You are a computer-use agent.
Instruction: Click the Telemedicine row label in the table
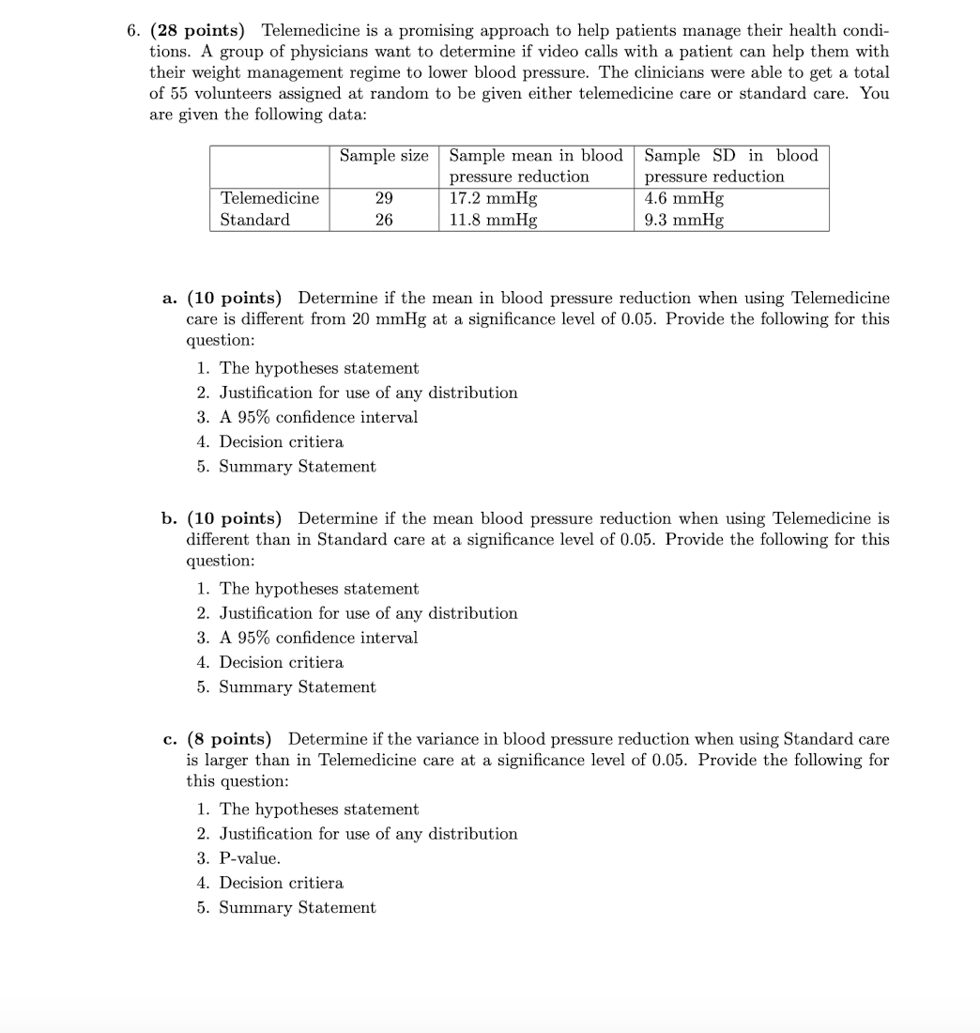269,198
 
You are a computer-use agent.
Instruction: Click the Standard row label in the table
254,220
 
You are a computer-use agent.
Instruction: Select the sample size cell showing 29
384,198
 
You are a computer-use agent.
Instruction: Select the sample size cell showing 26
384,220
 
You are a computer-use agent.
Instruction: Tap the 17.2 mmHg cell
494,198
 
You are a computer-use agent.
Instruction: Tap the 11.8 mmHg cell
494,220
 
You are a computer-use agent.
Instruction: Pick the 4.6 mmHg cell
684,198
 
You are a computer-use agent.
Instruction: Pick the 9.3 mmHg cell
684,220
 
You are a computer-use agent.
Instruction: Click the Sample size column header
384,156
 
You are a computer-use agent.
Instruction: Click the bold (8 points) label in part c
229,739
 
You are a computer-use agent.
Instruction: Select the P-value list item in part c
250,858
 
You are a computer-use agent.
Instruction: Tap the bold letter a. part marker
170,299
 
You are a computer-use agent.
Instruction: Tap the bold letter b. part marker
170,518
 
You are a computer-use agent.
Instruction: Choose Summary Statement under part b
297,687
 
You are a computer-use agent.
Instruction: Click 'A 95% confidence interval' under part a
318,417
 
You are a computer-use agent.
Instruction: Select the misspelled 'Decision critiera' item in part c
281,883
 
